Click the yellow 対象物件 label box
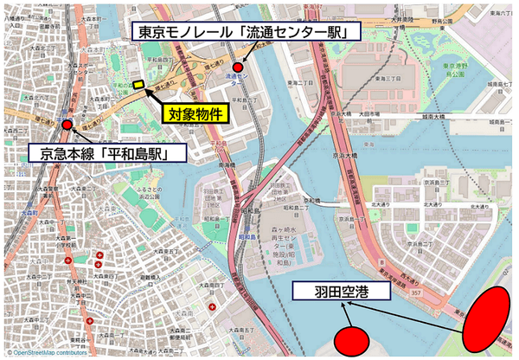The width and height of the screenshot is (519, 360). (195, 112)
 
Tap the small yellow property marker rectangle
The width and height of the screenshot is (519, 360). (138, 84)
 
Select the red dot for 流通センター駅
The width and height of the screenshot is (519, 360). (238, 67)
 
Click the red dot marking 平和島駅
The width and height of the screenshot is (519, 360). (67, 125)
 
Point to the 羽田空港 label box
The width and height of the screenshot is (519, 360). (342, 291)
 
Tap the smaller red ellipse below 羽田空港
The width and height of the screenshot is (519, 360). (352, 339)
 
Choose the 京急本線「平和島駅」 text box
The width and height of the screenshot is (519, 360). (103, 154)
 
